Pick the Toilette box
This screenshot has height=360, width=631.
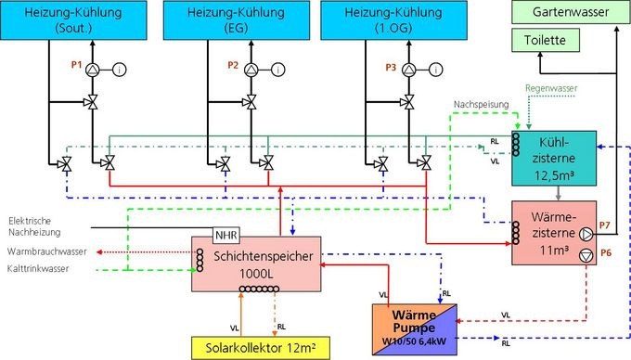543,41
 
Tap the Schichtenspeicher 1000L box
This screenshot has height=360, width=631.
254,263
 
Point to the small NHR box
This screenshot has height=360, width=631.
227,235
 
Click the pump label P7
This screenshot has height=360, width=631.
603,226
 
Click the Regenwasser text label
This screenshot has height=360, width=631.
551,88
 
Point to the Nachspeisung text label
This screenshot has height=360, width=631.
481,104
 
